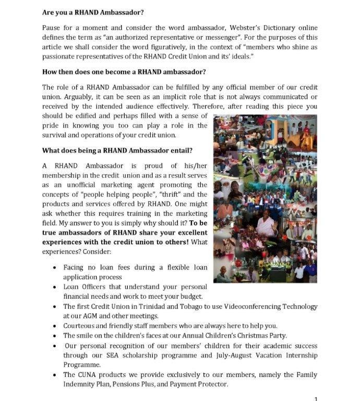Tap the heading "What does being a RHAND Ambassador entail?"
coord(117,150)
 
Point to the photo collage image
coord(265,198)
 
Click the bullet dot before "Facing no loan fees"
coord(55,268)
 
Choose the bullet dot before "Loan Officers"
coord(55,288)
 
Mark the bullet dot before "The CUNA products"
coord(55,375)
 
